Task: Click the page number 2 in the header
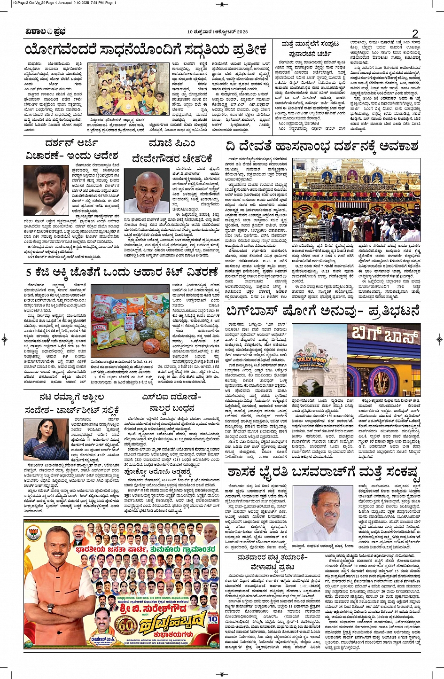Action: pos(415,33)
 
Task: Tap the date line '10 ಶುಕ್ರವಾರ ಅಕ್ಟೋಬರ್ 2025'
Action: pos(217,32)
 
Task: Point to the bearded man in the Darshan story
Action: pos(52,190)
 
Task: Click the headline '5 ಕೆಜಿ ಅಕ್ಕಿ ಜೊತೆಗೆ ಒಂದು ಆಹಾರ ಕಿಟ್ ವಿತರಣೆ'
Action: pos(122,272)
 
